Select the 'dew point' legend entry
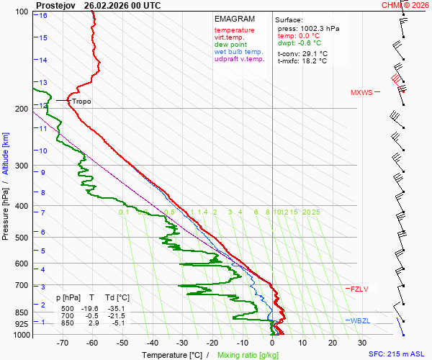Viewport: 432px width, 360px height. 230,45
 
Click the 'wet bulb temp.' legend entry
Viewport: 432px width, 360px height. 239,52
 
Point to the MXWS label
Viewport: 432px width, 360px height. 361,93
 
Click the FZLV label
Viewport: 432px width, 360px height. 359,289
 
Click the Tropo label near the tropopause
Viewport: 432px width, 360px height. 81,102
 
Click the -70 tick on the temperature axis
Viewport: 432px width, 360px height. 62,344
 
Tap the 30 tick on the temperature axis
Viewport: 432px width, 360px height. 362,344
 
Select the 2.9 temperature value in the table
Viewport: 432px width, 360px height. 93,323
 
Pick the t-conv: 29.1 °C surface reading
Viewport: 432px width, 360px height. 302,53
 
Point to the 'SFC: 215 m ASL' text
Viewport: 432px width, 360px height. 396,354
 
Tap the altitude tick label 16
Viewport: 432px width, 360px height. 43,15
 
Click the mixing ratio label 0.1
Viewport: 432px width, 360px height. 124,212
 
